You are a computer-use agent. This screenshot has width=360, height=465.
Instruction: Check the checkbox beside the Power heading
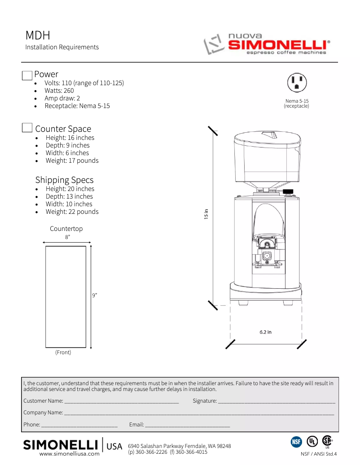click(x=27, y=75)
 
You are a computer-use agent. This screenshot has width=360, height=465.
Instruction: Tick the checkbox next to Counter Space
click(x=27, y=128)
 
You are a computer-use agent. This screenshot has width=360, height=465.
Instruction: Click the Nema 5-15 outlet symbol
click(x=296, y=83)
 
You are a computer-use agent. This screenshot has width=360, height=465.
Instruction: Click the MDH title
click(x=38, y=35)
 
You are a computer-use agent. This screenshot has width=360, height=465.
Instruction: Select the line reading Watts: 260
click(x=59, y=91)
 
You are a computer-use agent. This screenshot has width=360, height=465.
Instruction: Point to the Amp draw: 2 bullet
click(x=62, y=98)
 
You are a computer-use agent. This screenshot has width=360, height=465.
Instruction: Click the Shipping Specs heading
click(x=64, y=180)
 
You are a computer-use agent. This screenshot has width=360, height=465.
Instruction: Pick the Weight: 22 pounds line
click(x=72, y=212)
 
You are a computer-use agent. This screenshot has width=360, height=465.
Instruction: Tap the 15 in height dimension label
click(x=206, y=214)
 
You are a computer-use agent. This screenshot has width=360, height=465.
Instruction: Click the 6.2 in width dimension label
click(x=265, y=332)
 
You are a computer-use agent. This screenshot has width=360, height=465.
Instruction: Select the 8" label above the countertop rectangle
click(x=67, y=237)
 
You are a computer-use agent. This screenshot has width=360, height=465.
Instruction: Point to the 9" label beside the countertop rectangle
click(x=95, y=296)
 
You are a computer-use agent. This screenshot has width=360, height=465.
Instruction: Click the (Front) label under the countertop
click(x=63, y=352)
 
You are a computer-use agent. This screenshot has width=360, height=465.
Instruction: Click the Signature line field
click(x=276, y=401)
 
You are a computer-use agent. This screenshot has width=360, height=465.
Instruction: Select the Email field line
click(x=187, y=424)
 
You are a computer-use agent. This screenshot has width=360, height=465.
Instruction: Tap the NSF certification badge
click(x=296, y=442)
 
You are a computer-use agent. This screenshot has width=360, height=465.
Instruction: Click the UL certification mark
click(x=312, y=441)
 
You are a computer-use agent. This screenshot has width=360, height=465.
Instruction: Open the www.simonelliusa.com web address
click(x=69, y=454)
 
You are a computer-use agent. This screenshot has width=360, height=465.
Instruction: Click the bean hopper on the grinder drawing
click(x=266, y=157)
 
